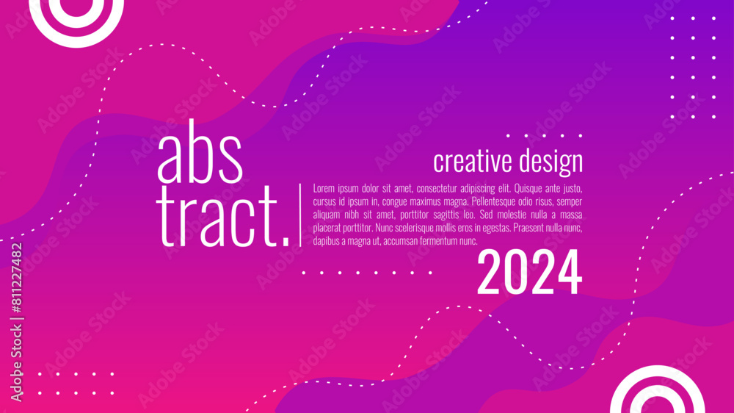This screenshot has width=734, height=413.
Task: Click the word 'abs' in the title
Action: [x=200, y=152]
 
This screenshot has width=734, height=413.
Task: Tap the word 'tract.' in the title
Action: [x=223, y=216]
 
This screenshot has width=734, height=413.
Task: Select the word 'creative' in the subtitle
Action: [x=473, y=162]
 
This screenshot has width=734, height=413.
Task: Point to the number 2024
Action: [x=529, y=272]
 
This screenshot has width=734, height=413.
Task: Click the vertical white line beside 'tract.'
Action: [x=300, y=215]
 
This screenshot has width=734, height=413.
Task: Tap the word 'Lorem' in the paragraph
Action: [x=324, y=188]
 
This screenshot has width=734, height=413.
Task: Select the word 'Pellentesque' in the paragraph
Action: [x=493, y=201]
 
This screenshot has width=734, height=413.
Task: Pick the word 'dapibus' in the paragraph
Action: [x=326, y=242]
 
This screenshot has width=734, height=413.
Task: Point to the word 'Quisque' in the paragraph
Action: [x=528, y=188]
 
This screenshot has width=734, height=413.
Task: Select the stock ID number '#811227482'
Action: [x=16, y=278]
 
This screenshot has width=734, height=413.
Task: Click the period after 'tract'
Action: [x=286, y=242]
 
